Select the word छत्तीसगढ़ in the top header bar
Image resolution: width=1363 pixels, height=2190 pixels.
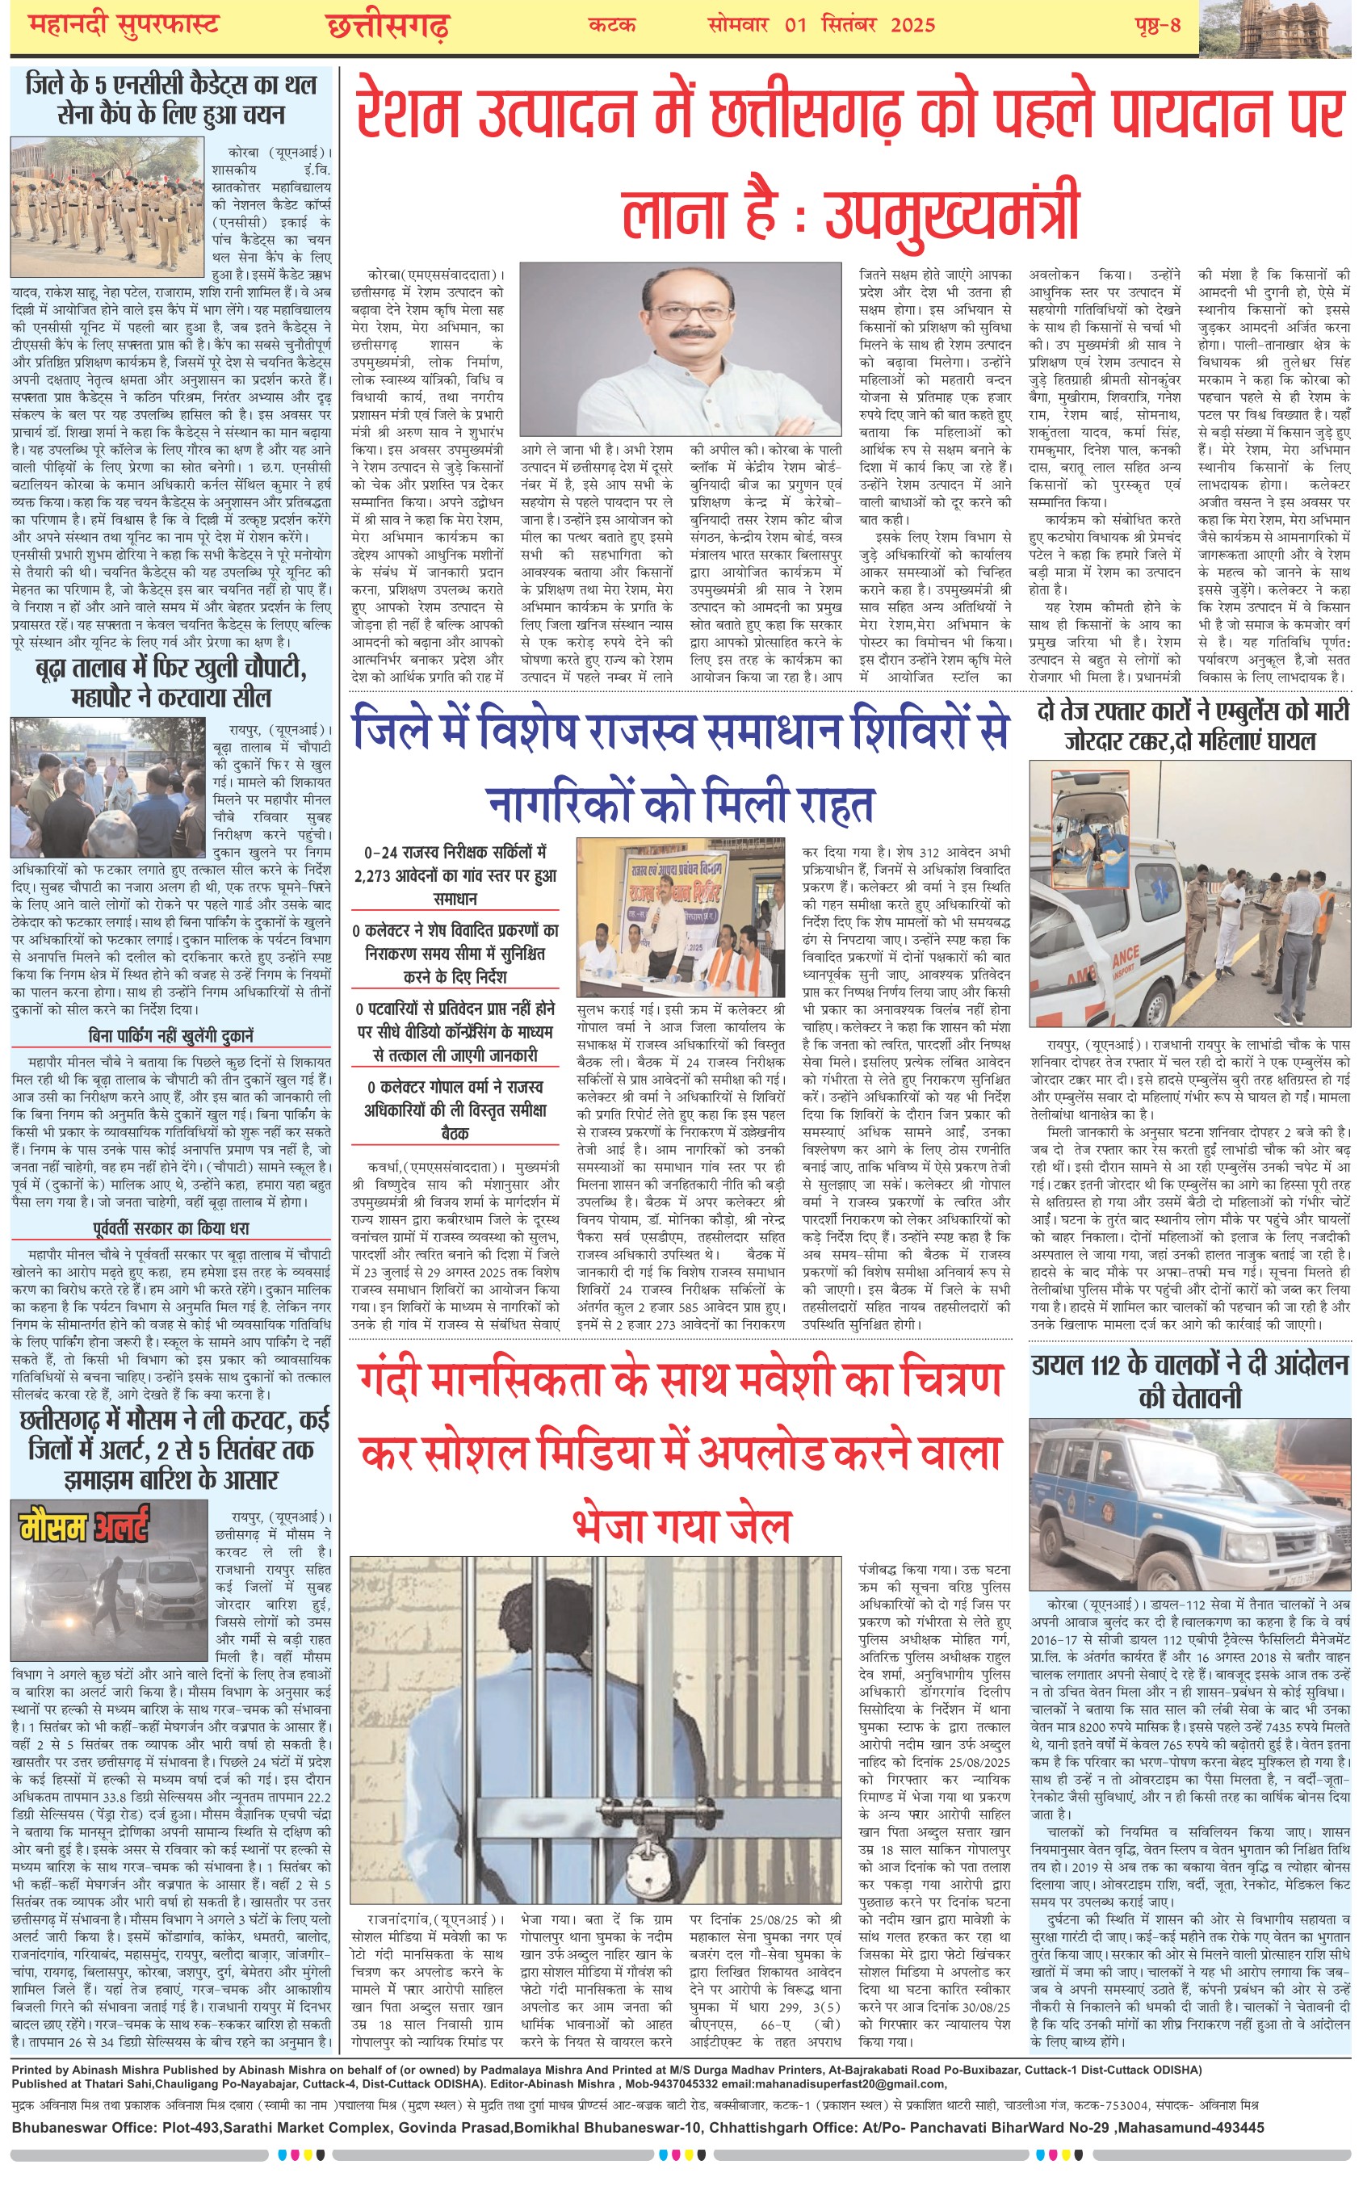387,27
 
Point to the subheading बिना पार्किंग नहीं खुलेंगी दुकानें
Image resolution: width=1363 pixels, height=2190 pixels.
171,1035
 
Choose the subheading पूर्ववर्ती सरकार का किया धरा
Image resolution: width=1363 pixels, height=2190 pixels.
171,1227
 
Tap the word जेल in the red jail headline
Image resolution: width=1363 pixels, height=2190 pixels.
749,1525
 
